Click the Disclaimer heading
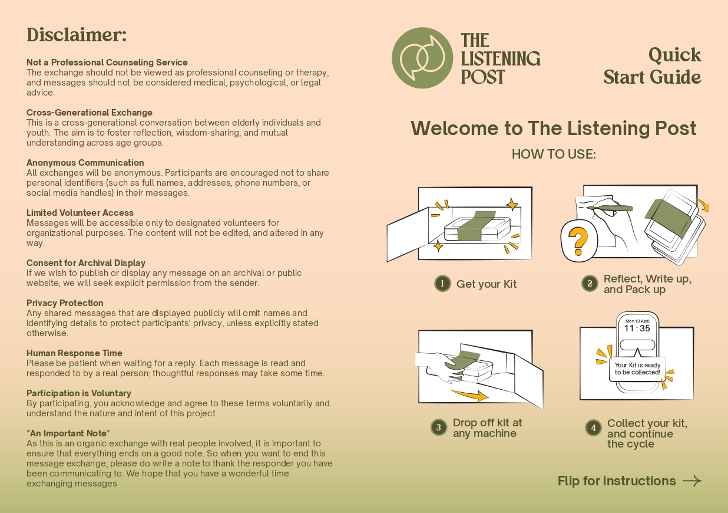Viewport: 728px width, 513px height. (x=77, y=35)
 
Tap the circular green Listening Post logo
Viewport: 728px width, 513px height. (x=422, y=58)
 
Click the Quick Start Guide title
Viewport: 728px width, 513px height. (x=652, y=66)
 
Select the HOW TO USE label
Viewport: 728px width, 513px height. (x=554, y=154)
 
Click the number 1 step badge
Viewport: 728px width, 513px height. (x=442, y=284)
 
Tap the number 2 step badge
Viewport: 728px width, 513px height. (x=590, y=284)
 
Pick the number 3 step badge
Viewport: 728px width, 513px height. (x=439, y=427)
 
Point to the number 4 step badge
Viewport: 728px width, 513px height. (x=594, y=427)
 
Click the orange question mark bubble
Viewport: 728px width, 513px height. (x=579, y=241)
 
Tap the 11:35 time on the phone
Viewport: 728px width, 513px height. (x=637, y=328)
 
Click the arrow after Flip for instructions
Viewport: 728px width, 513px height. (x=692, y=481)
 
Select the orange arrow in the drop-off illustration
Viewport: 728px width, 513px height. (x=469, y=395)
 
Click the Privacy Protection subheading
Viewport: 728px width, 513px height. (x=65, y=303)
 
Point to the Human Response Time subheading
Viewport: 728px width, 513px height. (x=74, y=353)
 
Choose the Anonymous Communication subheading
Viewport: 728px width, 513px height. (x=85, y=162)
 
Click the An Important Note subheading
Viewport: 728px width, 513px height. (x=68, y=433)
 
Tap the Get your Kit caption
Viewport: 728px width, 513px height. (x=487, y=284)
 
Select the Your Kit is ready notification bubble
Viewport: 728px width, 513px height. (x=637, y=369)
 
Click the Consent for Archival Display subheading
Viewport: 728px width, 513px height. (x=86, y=263)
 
